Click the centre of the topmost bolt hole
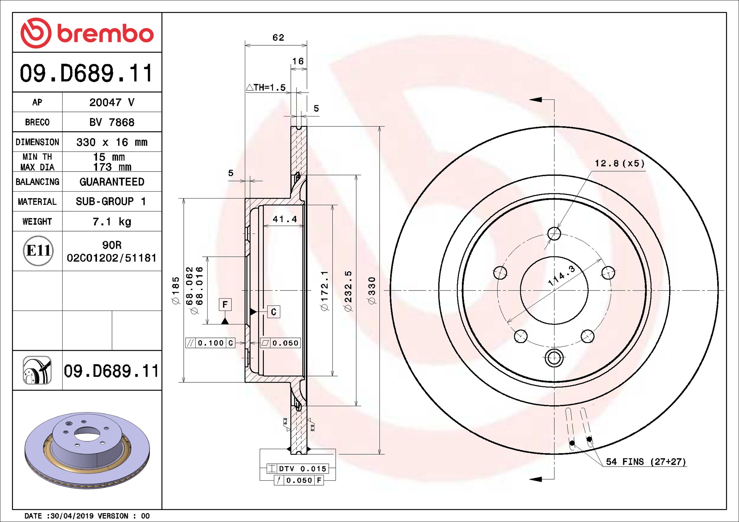[x=554, y=233]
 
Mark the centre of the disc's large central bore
[x=554, y=290]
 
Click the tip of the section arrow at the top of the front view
[x=529, y=100]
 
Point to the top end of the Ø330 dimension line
[x=379, y=127]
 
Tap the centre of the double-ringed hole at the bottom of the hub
[x=554, y=358]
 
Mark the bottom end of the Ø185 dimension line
[x=183, y=382]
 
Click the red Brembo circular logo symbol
[x=36, y=33]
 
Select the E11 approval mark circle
[x=38, y=250]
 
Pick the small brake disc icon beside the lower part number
[x=37, y=370]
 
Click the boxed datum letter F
[x=225, y=304]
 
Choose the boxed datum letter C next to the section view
[x=274, y=312]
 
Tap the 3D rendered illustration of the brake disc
[x=87, y=450]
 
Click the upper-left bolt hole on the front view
[x=500, y=273]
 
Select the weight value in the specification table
[x=112, y=222]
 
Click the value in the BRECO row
[x=112, y=122]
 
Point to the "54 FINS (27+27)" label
[x=646, y=462]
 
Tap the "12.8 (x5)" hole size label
[x=620, y=163]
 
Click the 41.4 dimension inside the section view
[x=285, y=219]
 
